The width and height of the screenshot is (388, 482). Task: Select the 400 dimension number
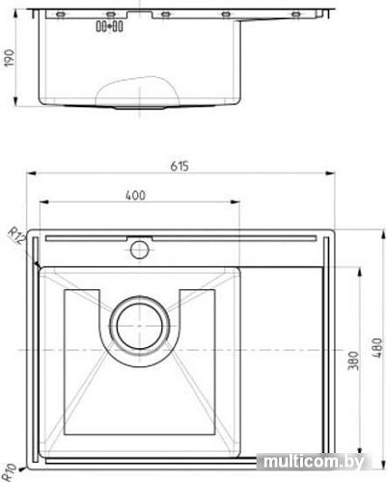[x=135, y=196]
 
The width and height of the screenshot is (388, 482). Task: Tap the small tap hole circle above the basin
[x=138, y=251]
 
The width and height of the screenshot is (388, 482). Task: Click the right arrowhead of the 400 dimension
[x=239, y=204]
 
